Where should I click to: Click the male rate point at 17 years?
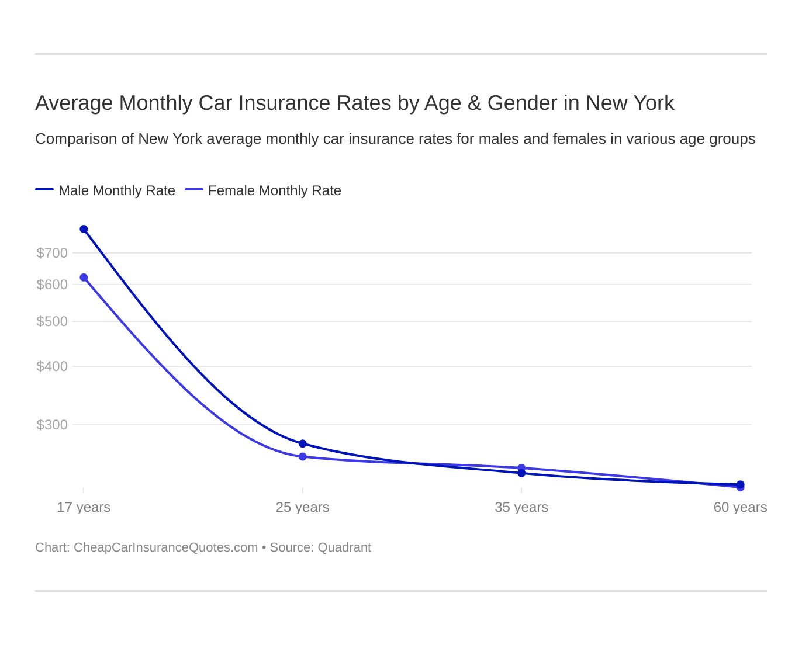84,229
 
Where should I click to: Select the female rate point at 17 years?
84,278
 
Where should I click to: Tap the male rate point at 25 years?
303,444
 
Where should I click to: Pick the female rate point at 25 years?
303,457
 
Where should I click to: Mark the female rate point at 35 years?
521,468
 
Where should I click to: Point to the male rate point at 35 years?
521,473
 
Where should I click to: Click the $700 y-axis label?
52,253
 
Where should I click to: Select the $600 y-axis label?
52,285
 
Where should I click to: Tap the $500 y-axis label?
52,321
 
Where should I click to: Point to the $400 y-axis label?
52,366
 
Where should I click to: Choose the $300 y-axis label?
52,425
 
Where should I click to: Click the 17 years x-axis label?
84,507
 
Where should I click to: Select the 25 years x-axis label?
303,507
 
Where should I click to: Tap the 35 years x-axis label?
521,507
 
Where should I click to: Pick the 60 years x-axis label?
740,507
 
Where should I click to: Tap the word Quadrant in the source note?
344,547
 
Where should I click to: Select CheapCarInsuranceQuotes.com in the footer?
165,547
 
